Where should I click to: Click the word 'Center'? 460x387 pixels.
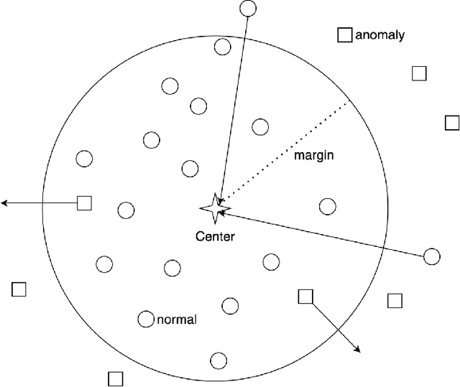(x=216, y=236)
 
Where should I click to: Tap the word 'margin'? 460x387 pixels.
(x=316, y=155)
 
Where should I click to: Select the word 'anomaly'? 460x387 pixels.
(x=381, y=34)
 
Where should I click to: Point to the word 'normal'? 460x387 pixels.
(x=176, y=320)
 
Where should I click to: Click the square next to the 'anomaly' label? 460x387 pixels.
(x=345, y=34)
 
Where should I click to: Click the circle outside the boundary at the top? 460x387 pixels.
(x=247, y=9)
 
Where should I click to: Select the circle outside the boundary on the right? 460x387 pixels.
(x=431, y=256)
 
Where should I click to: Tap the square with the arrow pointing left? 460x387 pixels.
(x=85, y=203)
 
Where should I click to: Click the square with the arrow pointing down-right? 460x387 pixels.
(x=305, y=297)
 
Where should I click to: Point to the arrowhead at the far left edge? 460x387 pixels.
(x=4, y=204)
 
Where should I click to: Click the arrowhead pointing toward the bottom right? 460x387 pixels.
(x=356, y=350)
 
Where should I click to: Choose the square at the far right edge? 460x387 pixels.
(x=451, y=123)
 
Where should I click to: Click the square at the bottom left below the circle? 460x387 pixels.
(x=115, y=378)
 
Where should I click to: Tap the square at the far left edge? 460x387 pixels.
(x=19, y=289)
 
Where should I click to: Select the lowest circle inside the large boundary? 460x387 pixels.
(x=218, y=360)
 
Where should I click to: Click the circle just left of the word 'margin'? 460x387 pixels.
(x=260, y=127)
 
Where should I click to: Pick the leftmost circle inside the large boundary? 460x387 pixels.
(x=84, y=159)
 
